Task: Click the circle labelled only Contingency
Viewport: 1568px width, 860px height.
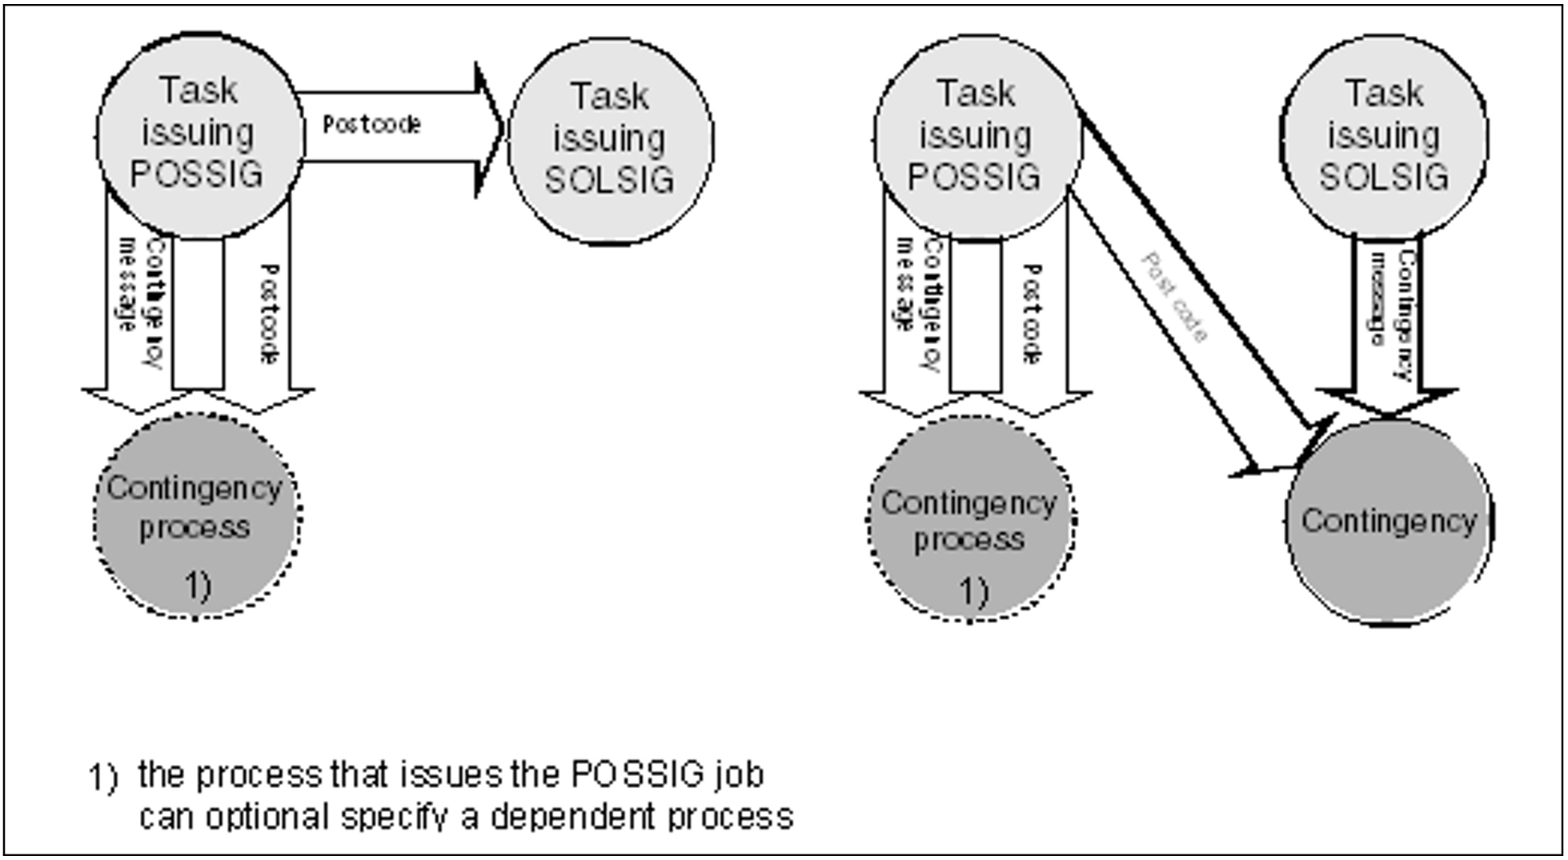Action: point(1389,522)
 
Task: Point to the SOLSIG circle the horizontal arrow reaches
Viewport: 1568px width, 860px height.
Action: point(611,141)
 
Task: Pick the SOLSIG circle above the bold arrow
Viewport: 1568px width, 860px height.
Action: point(1384,136)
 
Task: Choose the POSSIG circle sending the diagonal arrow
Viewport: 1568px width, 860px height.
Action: point(976,138)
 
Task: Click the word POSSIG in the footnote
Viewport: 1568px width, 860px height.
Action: point(638,774)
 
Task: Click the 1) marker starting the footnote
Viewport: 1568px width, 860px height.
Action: point(102,777)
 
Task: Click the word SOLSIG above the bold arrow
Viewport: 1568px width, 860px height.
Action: point(1384,177)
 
